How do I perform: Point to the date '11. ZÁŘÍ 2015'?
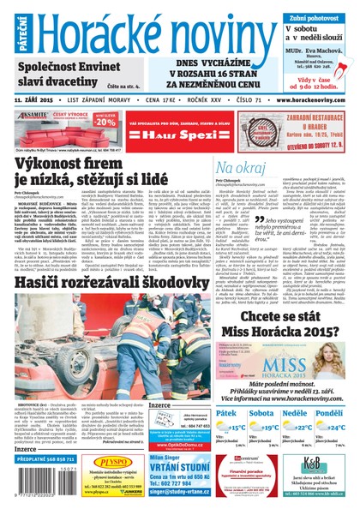point(37,100)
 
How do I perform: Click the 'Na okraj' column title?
point(241,167)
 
